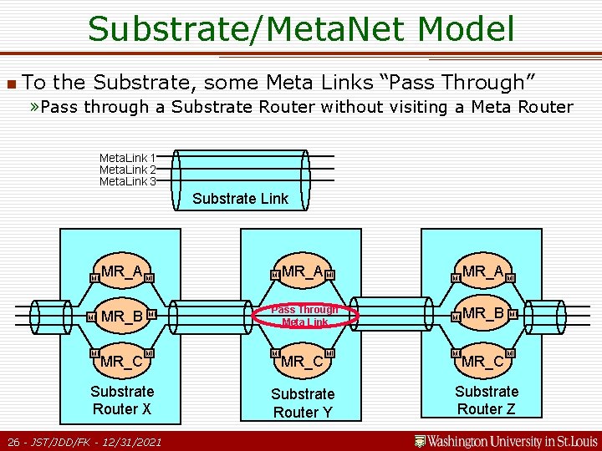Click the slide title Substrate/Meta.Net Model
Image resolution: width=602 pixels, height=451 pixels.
[x=301, y=29]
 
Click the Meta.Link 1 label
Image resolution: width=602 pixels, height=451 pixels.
[x=127, y=158]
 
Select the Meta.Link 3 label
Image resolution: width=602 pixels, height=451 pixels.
[x=127, y=181]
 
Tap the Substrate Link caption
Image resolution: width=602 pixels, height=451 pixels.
[x=240, y=199]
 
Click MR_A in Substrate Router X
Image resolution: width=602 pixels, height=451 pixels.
[x=122, y=271]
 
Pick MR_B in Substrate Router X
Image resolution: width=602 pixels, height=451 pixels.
[x=122, y=317]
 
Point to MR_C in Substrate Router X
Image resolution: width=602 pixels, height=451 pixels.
[x=122, y=362]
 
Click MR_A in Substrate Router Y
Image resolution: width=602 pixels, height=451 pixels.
[x=303, y=271]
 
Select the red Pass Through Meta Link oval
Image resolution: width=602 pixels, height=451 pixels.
[x=304, y=315]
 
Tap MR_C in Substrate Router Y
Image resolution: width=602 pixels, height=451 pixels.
[x=303, y=362]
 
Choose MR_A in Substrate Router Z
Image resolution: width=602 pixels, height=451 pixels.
[x=483, y=271]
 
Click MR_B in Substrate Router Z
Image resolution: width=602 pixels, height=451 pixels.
[x=483, y=314]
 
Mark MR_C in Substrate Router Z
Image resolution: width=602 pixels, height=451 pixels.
[x=483, y=362]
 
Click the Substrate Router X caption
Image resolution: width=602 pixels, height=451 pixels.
[x=122, y=400]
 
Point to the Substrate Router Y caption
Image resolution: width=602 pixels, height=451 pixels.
[x=303, y=403]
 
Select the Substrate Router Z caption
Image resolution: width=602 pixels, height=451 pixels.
[x=487, y=400]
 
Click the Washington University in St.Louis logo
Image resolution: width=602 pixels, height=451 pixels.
[x=507, y=440]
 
